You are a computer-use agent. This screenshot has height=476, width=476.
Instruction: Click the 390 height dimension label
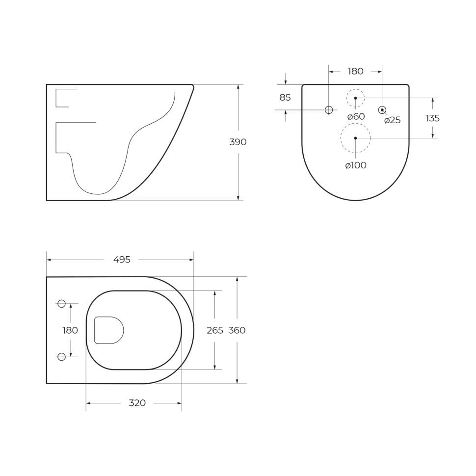(x=238, y=142)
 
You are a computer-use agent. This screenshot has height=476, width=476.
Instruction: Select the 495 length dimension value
(x=122, y=260)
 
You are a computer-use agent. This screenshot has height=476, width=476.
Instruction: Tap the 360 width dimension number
(x=237, y=330)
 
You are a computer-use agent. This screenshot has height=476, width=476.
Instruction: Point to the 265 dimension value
(x=215, y=330)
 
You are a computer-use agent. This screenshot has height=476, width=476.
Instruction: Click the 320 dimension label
(x=137, y=403)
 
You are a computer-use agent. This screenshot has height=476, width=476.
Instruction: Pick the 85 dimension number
(x=285, y=98)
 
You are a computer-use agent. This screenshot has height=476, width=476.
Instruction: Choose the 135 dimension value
(x=432, y=118)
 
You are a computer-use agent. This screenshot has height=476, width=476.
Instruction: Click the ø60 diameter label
(x=356, y=117)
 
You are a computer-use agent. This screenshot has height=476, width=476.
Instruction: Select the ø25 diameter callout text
(x=393, y=120)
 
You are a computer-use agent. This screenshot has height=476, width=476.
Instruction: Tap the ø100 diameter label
(x=356, y=165)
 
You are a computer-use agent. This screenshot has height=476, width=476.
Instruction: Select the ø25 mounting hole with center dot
(x=382, y=110)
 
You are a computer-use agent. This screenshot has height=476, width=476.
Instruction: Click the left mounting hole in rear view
(x=329, y=110)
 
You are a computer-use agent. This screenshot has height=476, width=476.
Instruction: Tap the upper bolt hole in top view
(x=61, y=304)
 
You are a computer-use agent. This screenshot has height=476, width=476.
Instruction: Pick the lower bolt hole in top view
(x=61, y=357)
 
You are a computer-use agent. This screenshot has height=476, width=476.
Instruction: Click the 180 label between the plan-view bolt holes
(x=70, y=330)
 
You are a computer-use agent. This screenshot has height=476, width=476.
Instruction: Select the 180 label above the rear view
(x=355, y=72)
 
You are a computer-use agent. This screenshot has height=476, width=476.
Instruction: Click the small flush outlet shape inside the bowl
(x=108, y=330)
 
